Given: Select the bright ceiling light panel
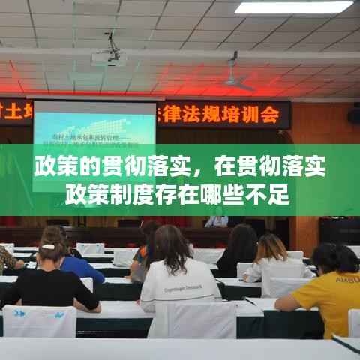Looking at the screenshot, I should click(293, 7).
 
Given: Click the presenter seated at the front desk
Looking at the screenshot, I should click(217, 219).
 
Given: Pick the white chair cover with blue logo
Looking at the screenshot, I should click(39, 321).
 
